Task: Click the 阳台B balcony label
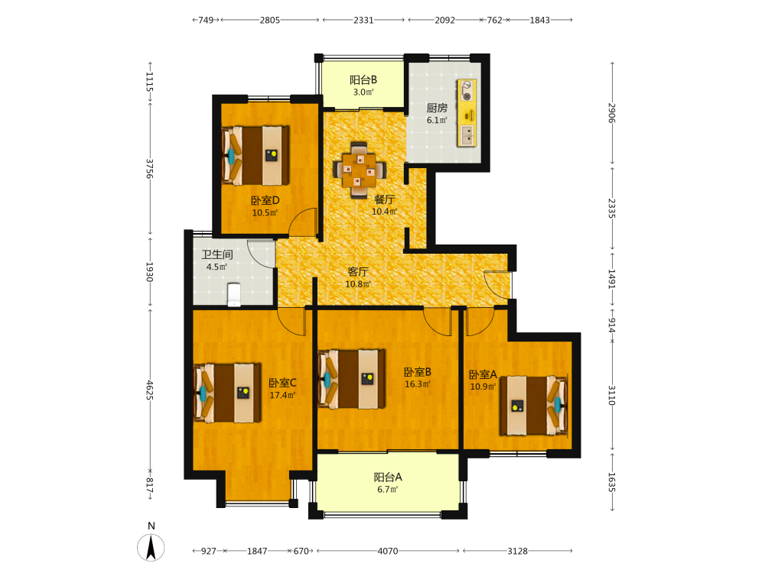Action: tap(363, 79)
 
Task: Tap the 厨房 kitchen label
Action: tap(437, 108)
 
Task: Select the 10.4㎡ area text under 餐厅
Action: tap(385, 212)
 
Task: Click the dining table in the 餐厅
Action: tap(359, 170)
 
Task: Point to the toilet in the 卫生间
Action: tap(234, 295)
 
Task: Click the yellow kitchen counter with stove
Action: tap(467, 112)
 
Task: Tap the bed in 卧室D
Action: tap(256, 155)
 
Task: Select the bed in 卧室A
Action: tap(534, 406)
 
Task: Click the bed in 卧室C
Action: tap(227, 393)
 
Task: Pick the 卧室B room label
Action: tap(418, 372)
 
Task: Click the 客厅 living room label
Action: tap(357, 271)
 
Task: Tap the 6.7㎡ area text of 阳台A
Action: tap(387, 489)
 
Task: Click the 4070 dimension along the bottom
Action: tap(388, 551)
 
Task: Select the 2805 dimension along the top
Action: tap(270, 20)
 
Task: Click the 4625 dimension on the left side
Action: tap(150, 390)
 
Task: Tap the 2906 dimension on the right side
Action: tap(612, 113)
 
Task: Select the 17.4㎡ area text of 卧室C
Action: tap(282, 395)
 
